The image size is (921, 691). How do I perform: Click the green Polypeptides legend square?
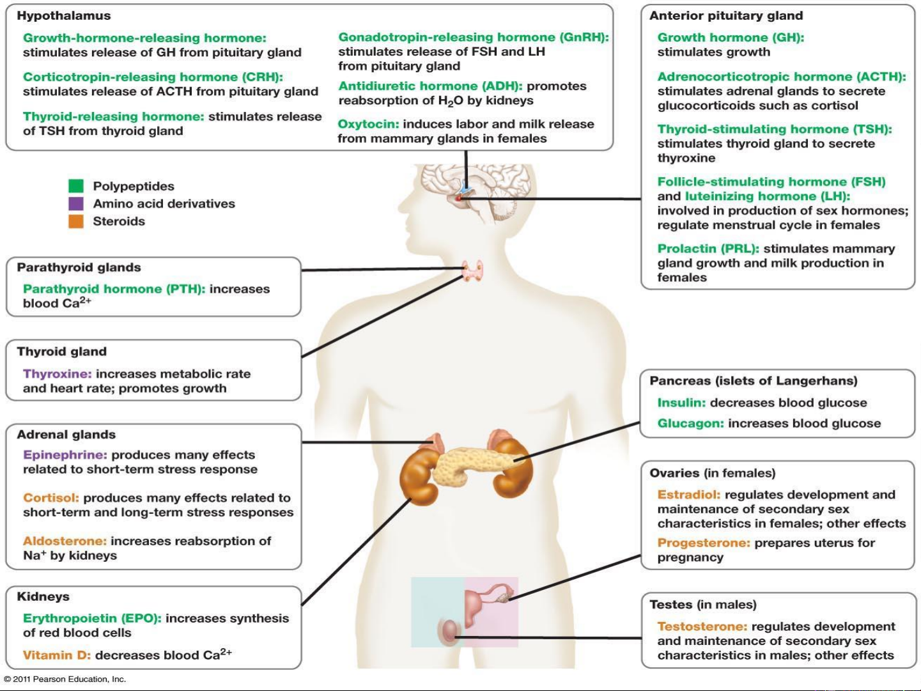click(x=76, y=186)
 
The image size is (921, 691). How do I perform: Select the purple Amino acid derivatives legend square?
click(x=76, y=203)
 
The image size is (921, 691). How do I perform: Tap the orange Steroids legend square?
click(x=76, y=221)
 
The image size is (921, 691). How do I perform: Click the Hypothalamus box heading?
click(x=64, y=16)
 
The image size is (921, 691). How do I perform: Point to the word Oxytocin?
click(x=368, y=124)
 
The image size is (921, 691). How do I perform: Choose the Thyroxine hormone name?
click(x=57, y=374)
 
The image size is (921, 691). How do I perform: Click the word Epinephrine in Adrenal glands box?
click(x=65, y=454)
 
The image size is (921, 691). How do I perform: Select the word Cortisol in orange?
click(x=51, y=497)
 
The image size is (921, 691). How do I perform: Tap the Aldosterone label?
click(x=65, y=541)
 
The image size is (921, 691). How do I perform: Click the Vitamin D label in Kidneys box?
click(x=57, y=655)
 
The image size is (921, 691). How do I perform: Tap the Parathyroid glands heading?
click(x=79, y=268)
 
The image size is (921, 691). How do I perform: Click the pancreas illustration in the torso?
click(x=470, y=468)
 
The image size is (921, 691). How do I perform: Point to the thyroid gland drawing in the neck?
click(x=472, y=270)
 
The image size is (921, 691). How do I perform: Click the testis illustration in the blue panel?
click(x=449, y=630)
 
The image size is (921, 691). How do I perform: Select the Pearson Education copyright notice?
click(x=65, y=679)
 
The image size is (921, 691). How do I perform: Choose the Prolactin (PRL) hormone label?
click(x=708, y=249)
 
